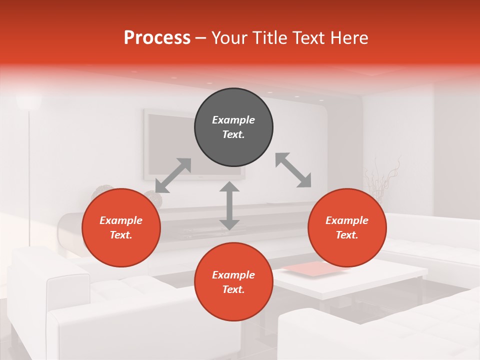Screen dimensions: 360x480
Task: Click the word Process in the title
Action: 157,38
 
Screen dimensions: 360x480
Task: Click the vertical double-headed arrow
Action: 229,205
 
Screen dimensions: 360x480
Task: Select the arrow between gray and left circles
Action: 173,175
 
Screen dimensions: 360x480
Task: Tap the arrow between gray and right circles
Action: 293,170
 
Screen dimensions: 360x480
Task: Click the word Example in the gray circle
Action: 233,120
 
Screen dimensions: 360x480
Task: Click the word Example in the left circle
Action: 121,220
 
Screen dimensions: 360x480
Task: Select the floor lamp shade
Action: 28,101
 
